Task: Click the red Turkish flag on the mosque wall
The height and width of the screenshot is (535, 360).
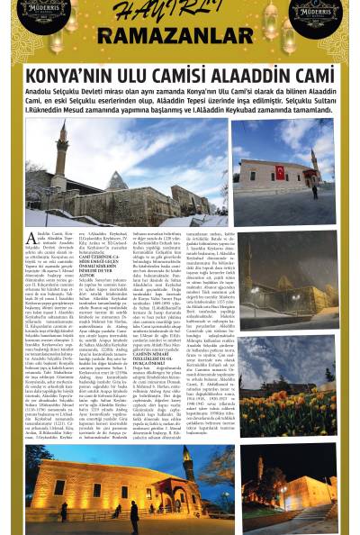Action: click(x=280, y=171)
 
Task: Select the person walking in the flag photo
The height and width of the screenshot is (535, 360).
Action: click(x=313, y=192)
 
